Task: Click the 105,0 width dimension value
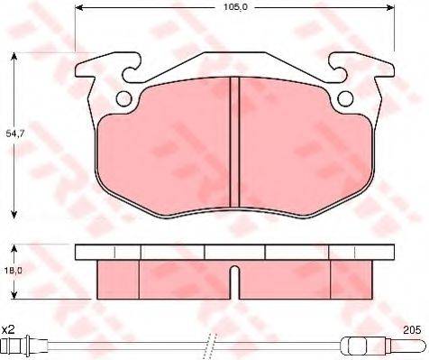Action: [x=235, y=7]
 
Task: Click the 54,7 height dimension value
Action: [x=15, y=134]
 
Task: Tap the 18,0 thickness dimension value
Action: [x=14, y=271]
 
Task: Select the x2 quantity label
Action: [x=8, y=330]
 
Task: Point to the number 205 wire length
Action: [x=412, y=330]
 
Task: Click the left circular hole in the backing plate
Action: [x=123, y=98]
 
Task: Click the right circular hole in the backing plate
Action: [x=345, y=98]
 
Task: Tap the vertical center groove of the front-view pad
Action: [x=234, y=142]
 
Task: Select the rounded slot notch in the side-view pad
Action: [x=235, y=282]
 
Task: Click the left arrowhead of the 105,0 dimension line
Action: [x=78, y=7]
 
